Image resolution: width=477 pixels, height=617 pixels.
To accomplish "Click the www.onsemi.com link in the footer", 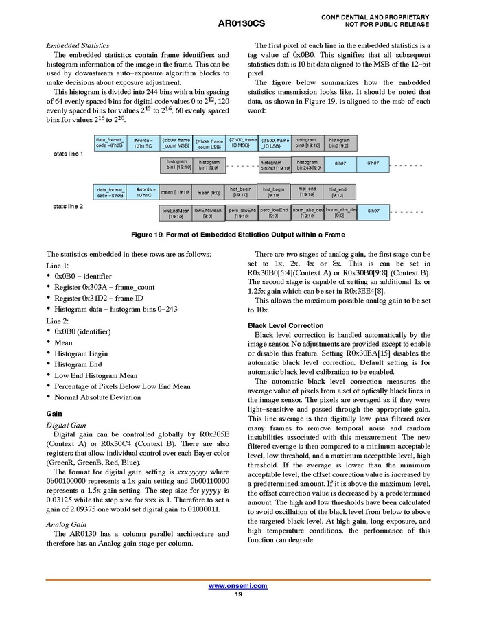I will click(237, 585).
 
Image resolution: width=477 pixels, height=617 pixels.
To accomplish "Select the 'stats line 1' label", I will click(68, 154).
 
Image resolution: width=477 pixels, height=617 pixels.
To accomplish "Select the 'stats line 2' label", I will click(68, 206).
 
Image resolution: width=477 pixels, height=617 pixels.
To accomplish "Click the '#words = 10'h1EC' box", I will click(143, 143).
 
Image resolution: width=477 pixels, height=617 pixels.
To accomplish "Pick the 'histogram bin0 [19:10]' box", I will click(306, 143).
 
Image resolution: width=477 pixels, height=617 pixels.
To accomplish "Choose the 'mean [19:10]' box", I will click(176, 193).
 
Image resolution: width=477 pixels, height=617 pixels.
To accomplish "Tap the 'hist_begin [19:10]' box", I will click(241, 191).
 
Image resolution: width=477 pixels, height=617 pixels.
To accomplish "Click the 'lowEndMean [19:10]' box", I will click(176, 213).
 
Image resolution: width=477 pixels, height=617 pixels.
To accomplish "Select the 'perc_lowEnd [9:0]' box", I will click(274, 213).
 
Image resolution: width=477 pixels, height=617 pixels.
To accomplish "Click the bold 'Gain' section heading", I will click(54, 414).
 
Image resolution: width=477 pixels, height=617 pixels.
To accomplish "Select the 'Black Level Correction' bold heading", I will click(286, 325).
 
